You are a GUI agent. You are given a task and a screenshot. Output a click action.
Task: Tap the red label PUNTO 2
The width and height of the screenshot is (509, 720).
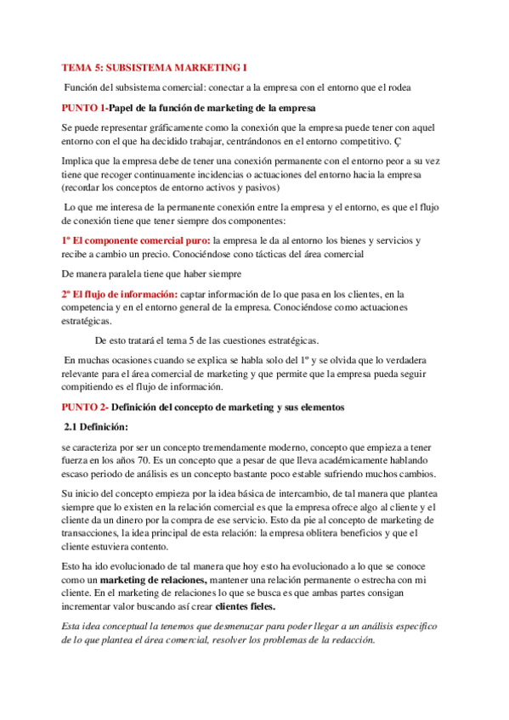point(84,407)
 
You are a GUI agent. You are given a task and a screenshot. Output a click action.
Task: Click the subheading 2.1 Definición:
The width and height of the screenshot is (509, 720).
point(97,426)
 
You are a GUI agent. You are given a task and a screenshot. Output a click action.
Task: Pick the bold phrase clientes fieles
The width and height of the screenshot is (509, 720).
point(251,608)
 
